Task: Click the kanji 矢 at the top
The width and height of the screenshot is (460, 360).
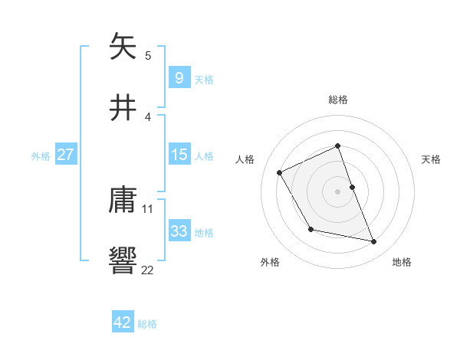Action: [123, 47]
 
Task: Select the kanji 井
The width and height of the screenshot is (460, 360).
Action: [123, 108]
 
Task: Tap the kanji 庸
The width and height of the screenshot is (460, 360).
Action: [123, 201]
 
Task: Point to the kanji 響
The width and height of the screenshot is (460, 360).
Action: [123, 260]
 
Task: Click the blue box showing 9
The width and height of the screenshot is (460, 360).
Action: [179, 77]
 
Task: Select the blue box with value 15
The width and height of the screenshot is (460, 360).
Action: [179, 155]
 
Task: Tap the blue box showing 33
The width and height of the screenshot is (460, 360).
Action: [179, 231]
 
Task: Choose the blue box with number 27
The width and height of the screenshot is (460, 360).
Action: [66, 155]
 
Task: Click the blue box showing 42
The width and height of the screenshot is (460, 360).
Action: [123, 322]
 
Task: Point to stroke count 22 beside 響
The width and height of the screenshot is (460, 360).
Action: [148, 270]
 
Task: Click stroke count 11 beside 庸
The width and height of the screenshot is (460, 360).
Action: [148, 208]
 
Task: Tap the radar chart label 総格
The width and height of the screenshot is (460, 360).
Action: [338, 100]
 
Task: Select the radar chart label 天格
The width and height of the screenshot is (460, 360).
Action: [432, 159]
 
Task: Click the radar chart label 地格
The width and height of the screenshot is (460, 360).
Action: [402, 262]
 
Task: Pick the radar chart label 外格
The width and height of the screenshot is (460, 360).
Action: [270, 262]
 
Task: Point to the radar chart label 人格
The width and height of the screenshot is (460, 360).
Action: [245, 159]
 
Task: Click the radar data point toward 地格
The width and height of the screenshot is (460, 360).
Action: [374, 242]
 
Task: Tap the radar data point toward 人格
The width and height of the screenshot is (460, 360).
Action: [280, 172]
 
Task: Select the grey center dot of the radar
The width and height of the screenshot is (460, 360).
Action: [338, 191]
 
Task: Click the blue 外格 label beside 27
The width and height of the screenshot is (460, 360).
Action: [41, 155]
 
